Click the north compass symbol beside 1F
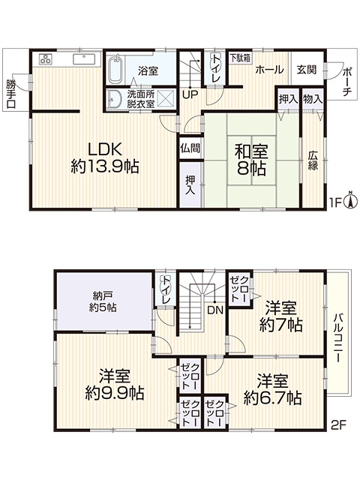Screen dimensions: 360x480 (x=351, y=200)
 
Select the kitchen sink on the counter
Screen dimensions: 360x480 (x=84, y=59)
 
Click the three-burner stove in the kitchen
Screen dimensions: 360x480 (x=46, y=59)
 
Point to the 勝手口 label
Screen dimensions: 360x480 (x=10, y=94)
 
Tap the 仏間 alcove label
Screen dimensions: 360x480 (x=190, y=148)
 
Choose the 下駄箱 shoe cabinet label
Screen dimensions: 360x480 (x=240, y=58)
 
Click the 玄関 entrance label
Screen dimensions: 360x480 (x=307, y=70)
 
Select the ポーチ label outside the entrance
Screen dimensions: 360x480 (x=346, y=82)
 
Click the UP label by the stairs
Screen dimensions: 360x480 (x=190, y=94)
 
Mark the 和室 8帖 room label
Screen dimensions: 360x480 (x=251, y=160)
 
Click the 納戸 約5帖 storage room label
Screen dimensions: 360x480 (x=103, y=301)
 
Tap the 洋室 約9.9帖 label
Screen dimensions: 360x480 (x=115, y=385)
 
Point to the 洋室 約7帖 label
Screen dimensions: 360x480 (x=281, y=316)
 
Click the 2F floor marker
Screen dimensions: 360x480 (x=338, y=425)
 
